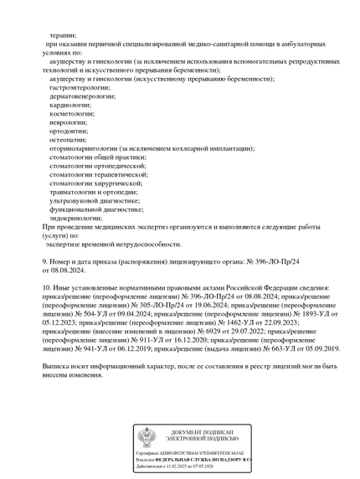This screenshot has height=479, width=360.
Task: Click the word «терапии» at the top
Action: click(x=63, y=36)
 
